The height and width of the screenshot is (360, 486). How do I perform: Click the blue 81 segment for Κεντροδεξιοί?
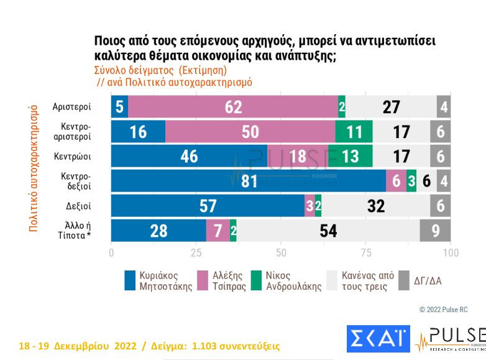pyautogui.click(x=248, y=181)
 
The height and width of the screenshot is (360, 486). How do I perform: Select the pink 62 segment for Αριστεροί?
pyautogui.click(x=233, y=107)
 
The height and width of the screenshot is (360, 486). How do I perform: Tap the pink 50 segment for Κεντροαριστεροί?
pyautogui.click(x=250, y=132)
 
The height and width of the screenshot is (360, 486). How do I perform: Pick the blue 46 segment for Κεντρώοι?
pyautogui.click(x=189, y=156)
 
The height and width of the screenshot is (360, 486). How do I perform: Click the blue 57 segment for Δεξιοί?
pyautogui.click(x=208, y=206)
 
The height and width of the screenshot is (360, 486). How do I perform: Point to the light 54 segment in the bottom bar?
pyautogui.click(x=328, y=230)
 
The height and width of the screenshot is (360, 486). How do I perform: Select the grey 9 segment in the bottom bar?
pyautogui.click(x=436, y=230)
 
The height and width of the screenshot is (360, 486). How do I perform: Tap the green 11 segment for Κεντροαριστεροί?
pyautogui.click(x=354, y=132)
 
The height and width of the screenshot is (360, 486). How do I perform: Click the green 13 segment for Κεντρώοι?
pyautogui.click(x=350, y=156)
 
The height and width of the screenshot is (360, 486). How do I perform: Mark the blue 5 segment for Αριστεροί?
pyautogui.click(x=119, y=107)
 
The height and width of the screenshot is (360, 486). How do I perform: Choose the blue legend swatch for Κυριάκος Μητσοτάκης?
pyautogui.click(x=130, y=280)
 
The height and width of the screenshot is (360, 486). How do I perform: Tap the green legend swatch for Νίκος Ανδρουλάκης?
pyautogui.click(x=256, y=280)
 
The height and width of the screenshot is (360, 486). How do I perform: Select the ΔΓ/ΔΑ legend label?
pyautogui.click(x=428, y=281)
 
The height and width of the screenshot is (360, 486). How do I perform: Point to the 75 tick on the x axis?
pyautogui.click(x=366, y=253)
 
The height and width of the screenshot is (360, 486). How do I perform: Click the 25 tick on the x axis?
pyautogui.click(x=196, y=253)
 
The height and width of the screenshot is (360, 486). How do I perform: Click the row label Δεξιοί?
pyautogui.click(x=78, y=206)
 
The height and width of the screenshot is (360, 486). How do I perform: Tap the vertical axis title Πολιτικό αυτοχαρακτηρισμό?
pyautogui.click(x=34, y=168)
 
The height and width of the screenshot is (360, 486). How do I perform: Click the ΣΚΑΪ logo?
pyautogui.click(x=377, y=338)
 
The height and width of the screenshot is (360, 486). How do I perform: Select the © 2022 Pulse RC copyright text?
pyautogui.click(x=444, y=309)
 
